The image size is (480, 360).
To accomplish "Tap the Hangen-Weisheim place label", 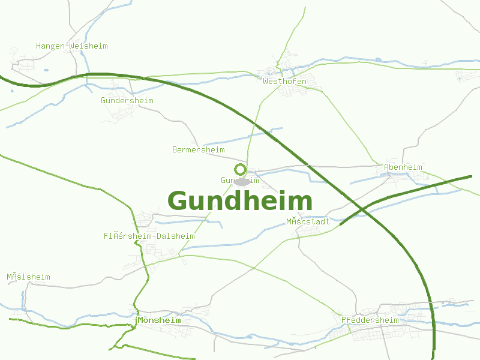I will [71, 46].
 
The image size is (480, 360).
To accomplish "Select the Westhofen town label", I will [284, 81].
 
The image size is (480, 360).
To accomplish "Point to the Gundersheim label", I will [127, 100].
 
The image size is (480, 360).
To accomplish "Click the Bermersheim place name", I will [198, 149].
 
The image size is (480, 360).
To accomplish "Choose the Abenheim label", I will [403, 167].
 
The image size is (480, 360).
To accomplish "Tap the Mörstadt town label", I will [307, 221].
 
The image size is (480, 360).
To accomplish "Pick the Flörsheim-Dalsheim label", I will [149, 236].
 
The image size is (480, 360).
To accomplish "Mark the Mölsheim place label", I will [28, 277].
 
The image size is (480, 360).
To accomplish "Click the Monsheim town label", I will [159, 320].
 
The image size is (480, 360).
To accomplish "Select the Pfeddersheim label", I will [370, 320].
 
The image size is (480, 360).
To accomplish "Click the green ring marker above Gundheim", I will [240, 169].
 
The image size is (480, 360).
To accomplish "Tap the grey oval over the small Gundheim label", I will [242, 181].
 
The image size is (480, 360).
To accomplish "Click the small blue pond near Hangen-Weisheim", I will [46, 70].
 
